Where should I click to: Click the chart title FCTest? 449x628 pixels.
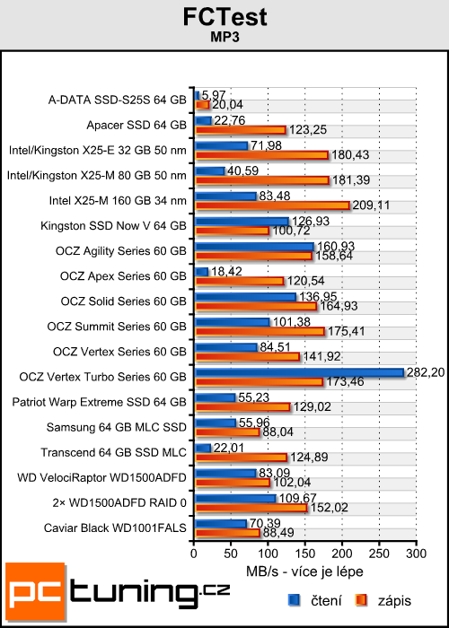click(224, 19)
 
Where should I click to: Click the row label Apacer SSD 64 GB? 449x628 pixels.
click(136, 124)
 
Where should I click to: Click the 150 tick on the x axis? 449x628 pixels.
click(305, 554)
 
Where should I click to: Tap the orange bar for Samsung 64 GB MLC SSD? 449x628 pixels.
click(226, 432)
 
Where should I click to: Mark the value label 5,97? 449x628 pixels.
click(213, 94)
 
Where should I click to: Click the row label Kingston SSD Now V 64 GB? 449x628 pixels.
click(126, 224)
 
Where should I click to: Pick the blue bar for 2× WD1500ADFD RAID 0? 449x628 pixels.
click(235, 497)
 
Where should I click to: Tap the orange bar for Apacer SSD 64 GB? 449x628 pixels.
click(240, 130)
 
